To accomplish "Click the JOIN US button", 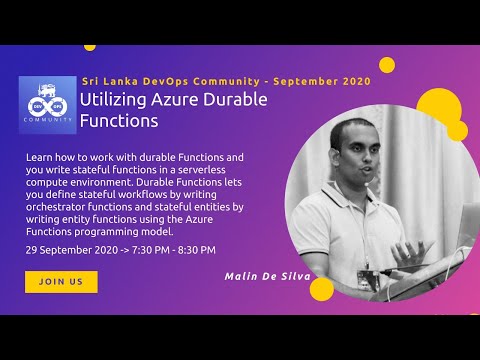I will pos(61,282).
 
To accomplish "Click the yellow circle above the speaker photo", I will pos(387,65).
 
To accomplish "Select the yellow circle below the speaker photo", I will pos(321,289).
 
